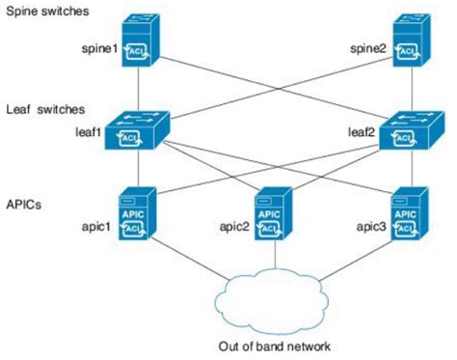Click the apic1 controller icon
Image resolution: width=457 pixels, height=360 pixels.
pyautogui.click(x=137, y=214)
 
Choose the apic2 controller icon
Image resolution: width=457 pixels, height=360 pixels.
pyautogui.click(x=275, y=214)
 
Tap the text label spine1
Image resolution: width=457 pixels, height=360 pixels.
pyautogui.click(x=99, y=46)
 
